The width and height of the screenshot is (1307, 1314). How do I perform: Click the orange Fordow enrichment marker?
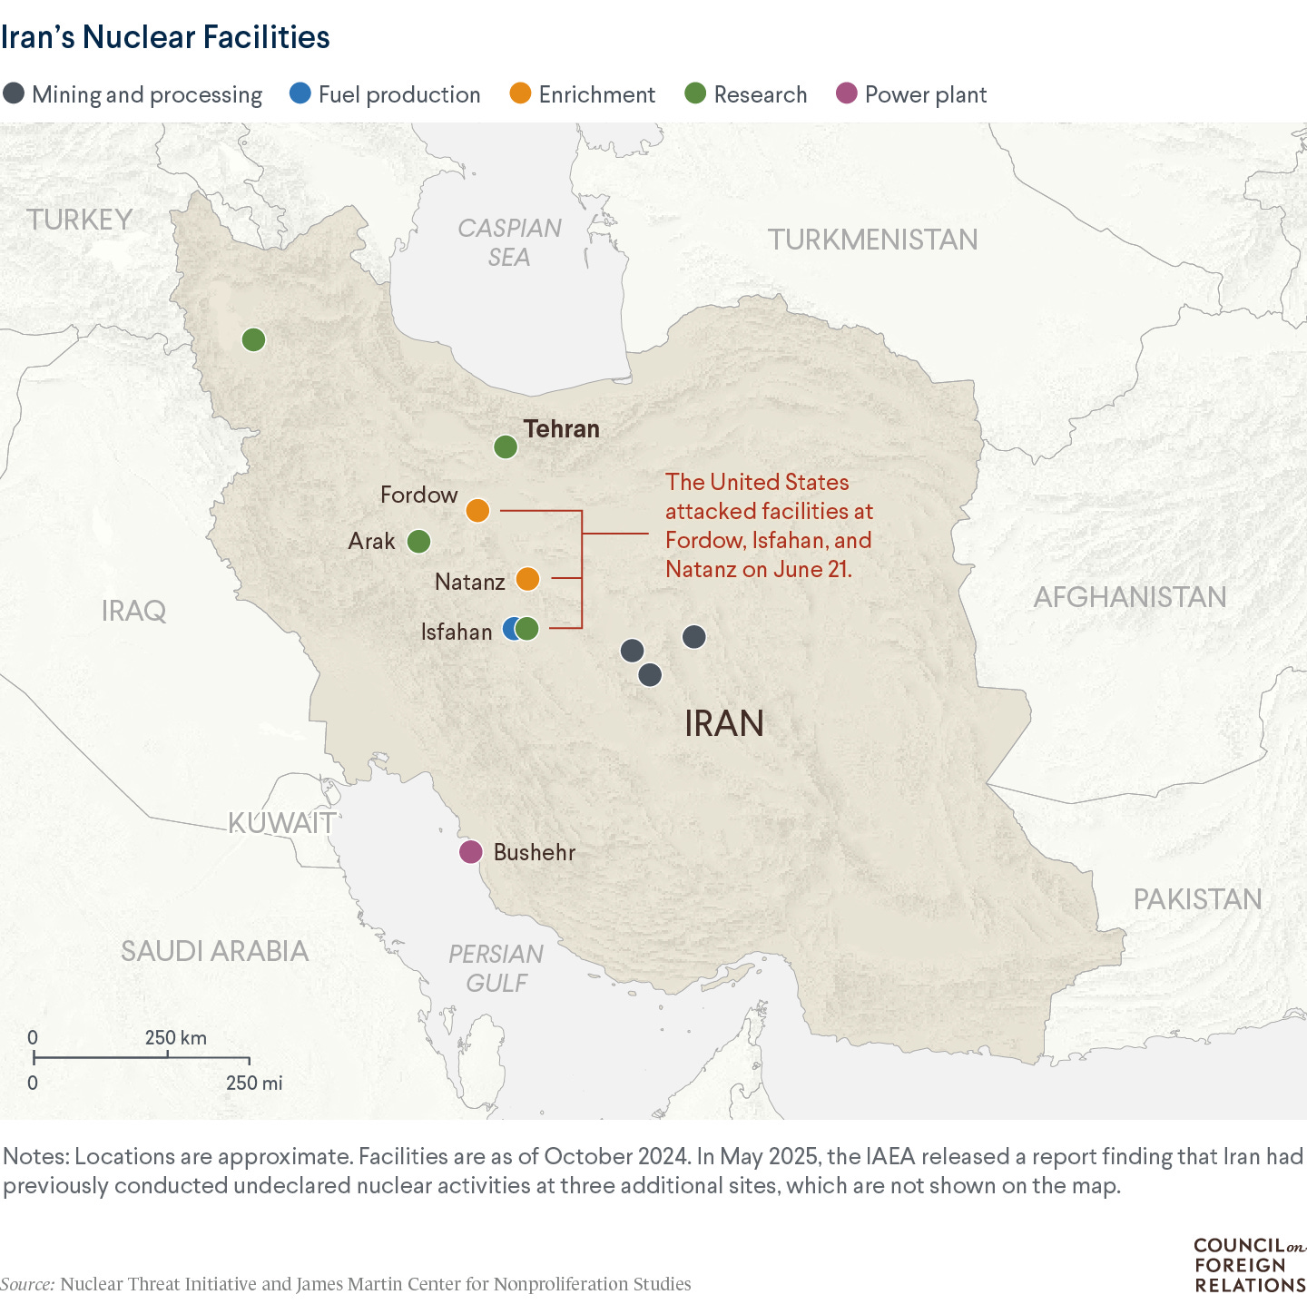(477, 511)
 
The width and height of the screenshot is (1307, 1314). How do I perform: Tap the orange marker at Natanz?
(527, 579)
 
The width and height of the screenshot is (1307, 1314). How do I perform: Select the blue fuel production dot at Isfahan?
(511, 629)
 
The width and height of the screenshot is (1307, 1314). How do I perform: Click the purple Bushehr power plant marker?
(470, 852)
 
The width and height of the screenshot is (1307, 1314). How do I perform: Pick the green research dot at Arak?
(418, 542)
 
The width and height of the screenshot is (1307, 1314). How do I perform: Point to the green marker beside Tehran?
(506, 446)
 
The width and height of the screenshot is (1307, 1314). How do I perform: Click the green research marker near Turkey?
(253, 340)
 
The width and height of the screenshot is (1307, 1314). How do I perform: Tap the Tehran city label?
(561, 429)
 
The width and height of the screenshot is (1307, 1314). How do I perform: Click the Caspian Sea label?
(509, 243)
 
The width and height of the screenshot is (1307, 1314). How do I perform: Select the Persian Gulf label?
(496, 968)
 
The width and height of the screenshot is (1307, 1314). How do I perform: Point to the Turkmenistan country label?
(872, 240)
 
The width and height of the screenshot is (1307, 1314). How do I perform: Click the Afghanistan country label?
(1129, 597)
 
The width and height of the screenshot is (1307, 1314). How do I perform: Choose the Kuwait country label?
(281, 823)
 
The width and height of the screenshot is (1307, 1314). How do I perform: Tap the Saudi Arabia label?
(215, 951)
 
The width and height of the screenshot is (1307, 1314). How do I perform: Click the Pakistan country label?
(1197, 899)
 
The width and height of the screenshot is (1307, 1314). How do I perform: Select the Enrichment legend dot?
(520, 93)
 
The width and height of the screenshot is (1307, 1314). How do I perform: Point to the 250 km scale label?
(176, 1038)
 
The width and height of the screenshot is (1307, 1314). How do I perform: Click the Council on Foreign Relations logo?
(1249, 1266)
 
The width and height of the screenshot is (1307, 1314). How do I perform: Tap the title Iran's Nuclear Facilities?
(165, 37)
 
